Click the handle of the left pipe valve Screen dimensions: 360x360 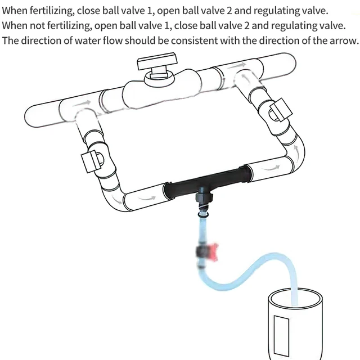click(88, 161)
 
